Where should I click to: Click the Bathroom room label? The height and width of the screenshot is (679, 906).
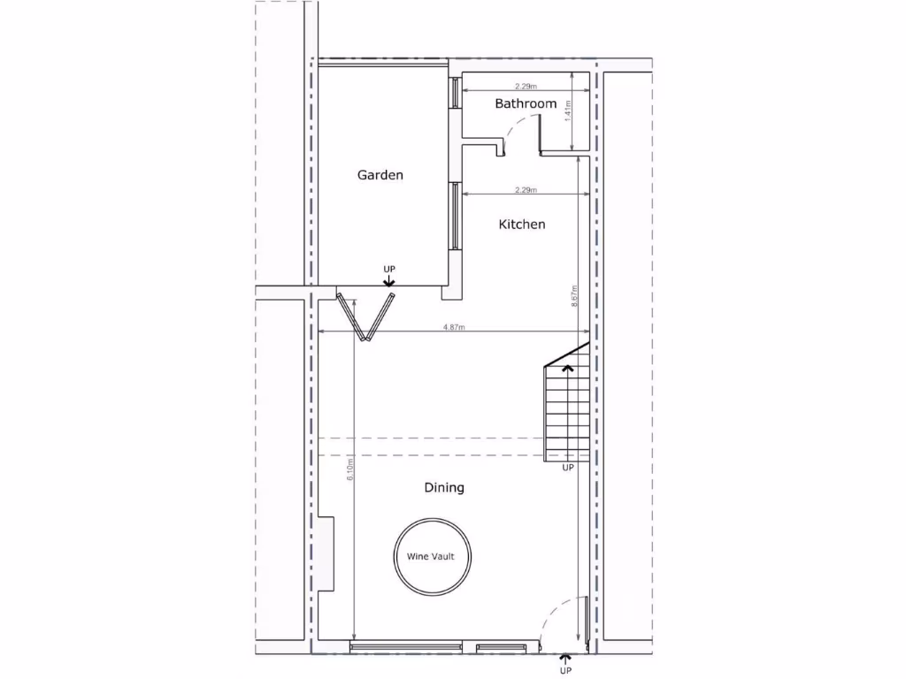pyautogui.click(x=526, y=103)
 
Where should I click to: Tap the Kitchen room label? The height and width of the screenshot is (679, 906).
pyautogui.click(x=522, y=225)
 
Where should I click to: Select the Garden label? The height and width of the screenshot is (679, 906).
pyautogui.click(x=380, y=175)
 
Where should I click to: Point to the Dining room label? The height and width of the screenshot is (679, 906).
pyautogui.click(x=444, y=487)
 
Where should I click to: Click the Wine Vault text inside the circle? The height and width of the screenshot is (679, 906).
pyautogui.click(x=431, y=557)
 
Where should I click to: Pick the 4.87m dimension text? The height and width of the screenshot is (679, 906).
pyautogui.click(x=454, y=328)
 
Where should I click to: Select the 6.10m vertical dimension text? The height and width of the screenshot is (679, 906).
pyautogui.click(x=351, y=469)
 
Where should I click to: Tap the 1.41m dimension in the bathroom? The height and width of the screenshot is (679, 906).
pyautogui.click(x=568, y=111)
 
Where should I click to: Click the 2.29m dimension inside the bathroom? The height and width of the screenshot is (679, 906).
pyautogui.click(x=526, y=87)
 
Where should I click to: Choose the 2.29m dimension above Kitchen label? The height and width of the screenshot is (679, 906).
pyautogui.click(x=526, y=190)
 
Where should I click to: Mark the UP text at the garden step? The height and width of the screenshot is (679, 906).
pyautogui.click(x=389, y=268)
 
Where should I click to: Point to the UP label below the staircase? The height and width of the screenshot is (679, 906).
pyautogui.click(x=568, y=468)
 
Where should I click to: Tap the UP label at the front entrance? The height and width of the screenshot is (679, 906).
pyautogui.click(x=566, y=671)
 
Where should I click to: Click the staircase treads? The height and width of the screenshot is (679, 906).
pyautogui.click(x=566, y=411)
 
